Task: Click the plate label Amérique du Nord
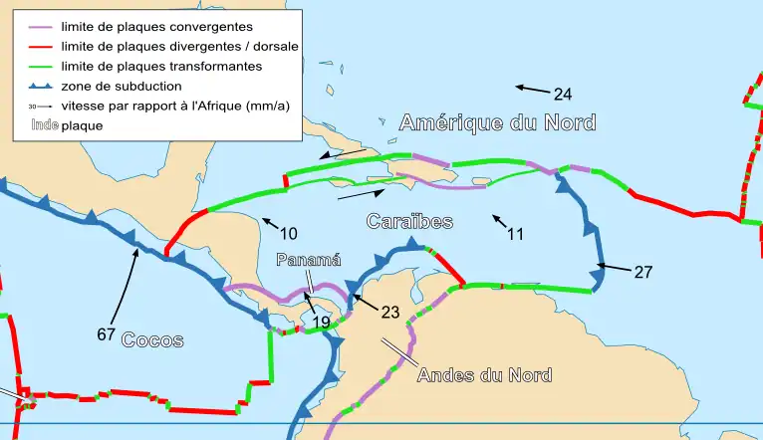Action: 497,122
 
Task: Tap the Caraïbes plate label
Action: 409,220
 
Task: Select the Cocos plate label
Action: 152,339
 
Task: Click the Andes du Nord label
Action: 484,374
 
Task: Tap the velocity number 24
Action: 563,95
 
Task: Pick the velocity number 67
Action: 107,334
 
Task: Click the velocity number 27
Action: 642,271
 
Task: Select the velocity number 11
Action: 515,235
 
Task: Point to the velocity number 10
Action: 288,234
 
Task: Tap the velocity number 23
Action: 389,312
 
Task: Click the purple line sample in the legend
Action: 35,26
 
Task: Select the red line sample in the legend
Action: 35,46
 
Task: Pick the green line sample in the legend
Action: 35,66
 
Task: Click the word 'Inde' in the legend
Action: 44,125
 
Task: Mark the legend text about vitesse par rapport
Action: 175,106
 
